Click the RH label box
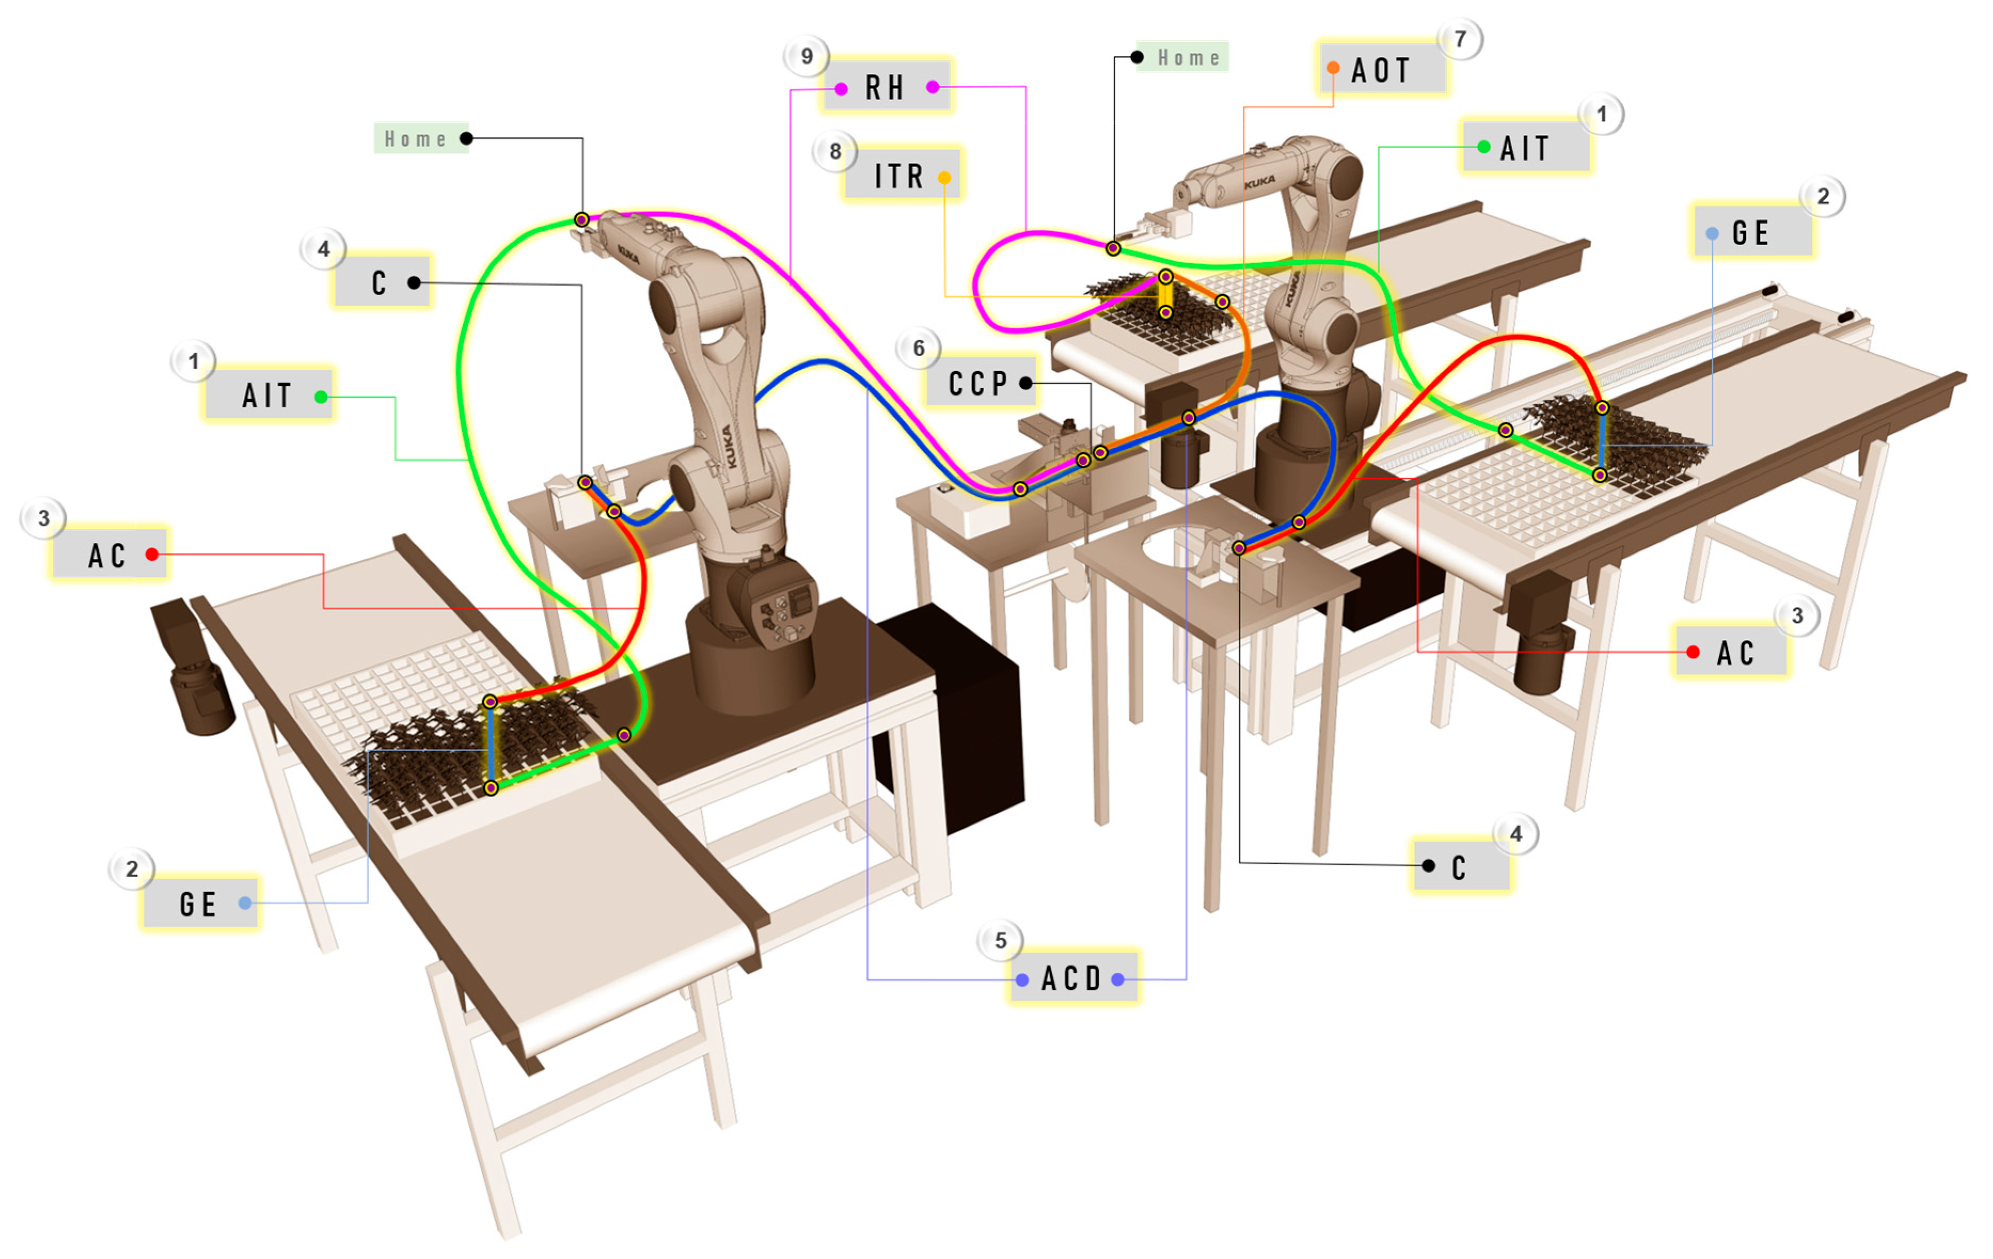tap(886, 86)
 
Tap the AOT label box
tap(1381, 69)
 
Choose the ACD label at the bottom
tap(1073, 978)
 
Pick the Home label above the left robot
tap(418, 138)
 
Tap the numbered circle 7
tap(1460, 39)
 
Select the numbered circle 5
tap(1000, 940)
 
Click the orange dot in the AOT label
tap(1332, 68)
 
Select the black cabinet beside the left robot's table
tap(960, 720)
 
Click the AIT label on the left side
tap(268, 395)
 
